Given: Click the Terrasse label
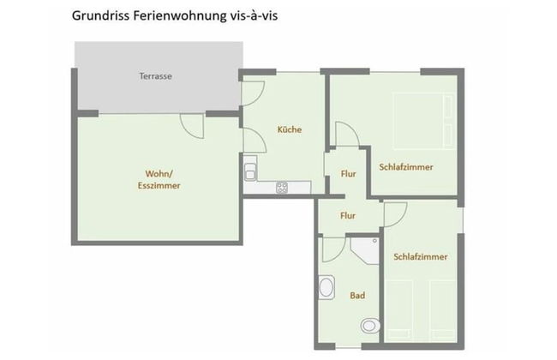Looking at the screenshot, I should [156, 76].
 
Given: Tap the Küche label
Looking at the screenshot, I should [290, 129].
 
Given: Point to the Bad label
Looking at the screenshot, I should [357, 296].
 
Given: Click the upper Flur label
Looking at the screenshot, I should [348, 174].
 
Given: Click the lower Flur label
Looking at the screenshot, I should [348, 216].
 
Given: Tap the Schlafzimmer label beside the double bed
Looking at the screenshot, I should [405, 167].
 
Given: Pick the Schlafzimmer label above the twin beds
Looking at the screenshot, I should [421, 256].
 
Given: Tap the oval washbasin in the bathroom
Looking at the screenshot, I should [326, 287].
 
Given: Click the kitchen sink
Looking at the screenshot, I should [251, 171].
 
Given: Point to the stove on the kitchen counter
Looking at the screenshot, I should [282, 188].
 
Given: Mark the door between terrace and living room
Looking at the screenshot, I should [193, 124].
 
